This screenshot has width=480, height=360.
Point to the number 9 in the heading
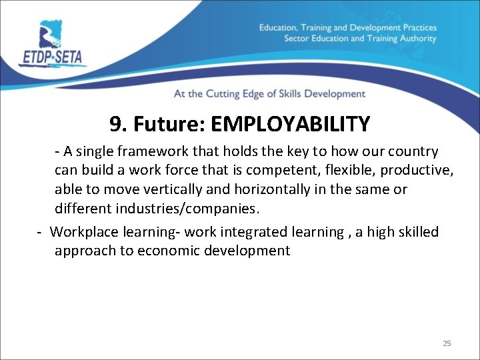point(115,124)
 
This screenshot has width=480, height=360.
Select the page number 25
point(447,343)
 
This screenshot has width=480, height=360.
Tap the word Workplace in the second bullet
point(82,232)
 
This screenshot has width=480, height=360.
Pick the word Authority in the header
point(417,39)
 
